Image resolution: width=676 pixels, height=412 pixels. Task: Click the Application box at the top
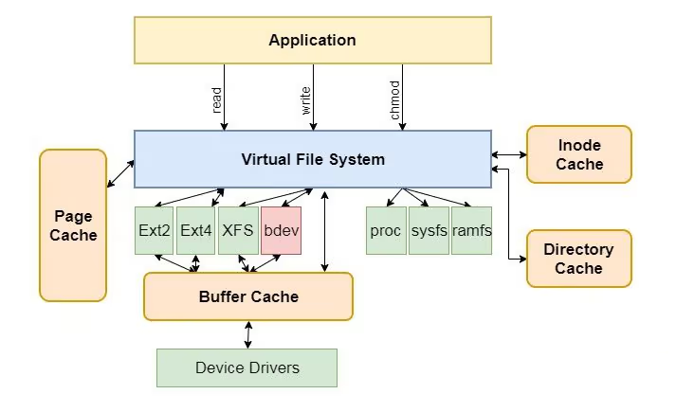pyautogui.click(x=312, y=40)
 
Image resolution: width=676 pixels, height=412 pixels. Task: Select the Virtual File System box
pyautogui.click(x=312, y=159)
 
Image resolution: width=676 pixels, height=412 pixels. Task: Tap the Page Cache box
pyautogui.click(x=73, y=225)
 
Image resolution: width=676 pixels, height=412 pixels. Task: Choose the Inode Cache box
pyautogui.click(x=579, y=154)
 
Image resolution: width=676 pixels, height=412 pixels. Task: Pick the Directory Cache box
pyautogui.click(x=578, y=259)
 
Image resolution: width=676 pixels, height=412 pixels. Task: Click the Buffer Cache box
pyautogui.click(x=248, y=296)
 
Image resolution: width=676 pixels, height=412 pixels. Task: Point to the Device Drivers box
pyautogui.click(x=247, y=367)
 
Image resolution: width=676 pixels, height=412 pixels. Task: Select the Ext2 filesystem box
pyautogui.click(x=155, y=230)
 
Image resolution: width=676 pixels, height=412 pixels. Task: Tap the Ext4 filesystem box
pyautogui.click(x=196, y=230)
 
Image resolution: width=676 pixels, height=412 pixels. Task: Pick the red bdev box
pyautogui.click(x=281, y=230)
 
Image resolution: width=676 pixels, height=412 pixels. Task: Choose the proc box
pyautogui.click(x=386, y=230)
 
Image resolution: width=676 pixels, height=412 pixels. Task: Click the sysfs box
pyautogui.click(x=429, y=230)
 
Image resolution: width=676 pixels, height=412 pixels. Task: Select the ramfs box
pyautogui.click(x=471, y=230)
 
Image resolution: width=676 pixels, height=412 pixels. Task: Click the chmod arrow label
pyautogui.click(x=394, y=99)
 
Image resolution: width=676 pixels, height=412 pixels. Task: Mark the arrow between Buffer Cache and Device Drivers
pyautogui.click(x=248, y=334)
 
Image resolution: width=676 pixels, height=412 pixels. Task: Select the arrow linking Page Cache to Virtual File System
pyautogui.click(x=120, y=173)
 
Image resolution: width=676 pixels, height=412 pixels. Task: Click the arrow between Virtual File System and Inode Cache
pyautogui.click(x=509, y=154)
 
